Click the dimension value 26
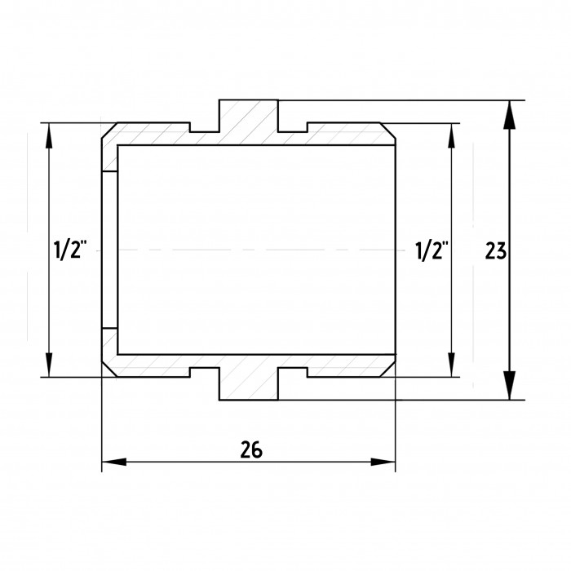[251, 449]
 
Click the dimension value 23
[495, 250]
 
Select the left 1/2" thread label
[70, 250]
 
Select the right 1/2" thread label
[432, 250]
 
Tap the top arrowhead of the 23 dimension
[510, 115]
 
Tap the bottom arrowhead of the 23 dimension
[510, 385]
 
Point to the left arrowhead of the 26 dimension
[114, 462]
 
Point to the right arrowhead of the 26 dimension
[383, 462]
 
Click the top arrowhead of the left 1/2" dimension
[49, 135]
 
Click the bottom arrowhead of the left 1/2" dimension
[49, 365]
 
